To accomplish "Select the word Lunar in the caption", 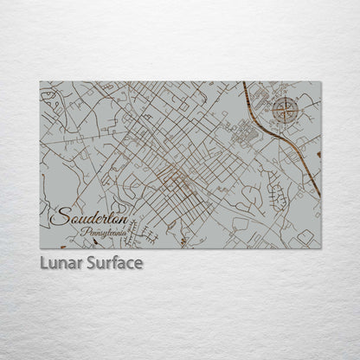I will (x=60, y=262).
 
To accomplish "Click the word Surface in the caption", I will (x=113, y=262).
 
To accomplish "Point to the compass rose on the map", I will (x=286, y=109).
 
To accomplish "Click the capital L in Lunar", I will (x=43, y=262).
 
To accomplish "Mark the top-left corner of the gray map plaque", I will (x=40, y=82).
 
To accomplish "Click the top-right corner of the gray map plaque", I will (x=321, y=82).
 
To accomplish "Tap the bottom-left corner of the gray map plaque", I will (x=40, y=248).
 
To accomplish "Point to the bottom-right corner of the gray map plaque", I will (x=321, y=248).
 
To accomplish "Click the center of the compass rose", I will (x=286, y=109).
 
